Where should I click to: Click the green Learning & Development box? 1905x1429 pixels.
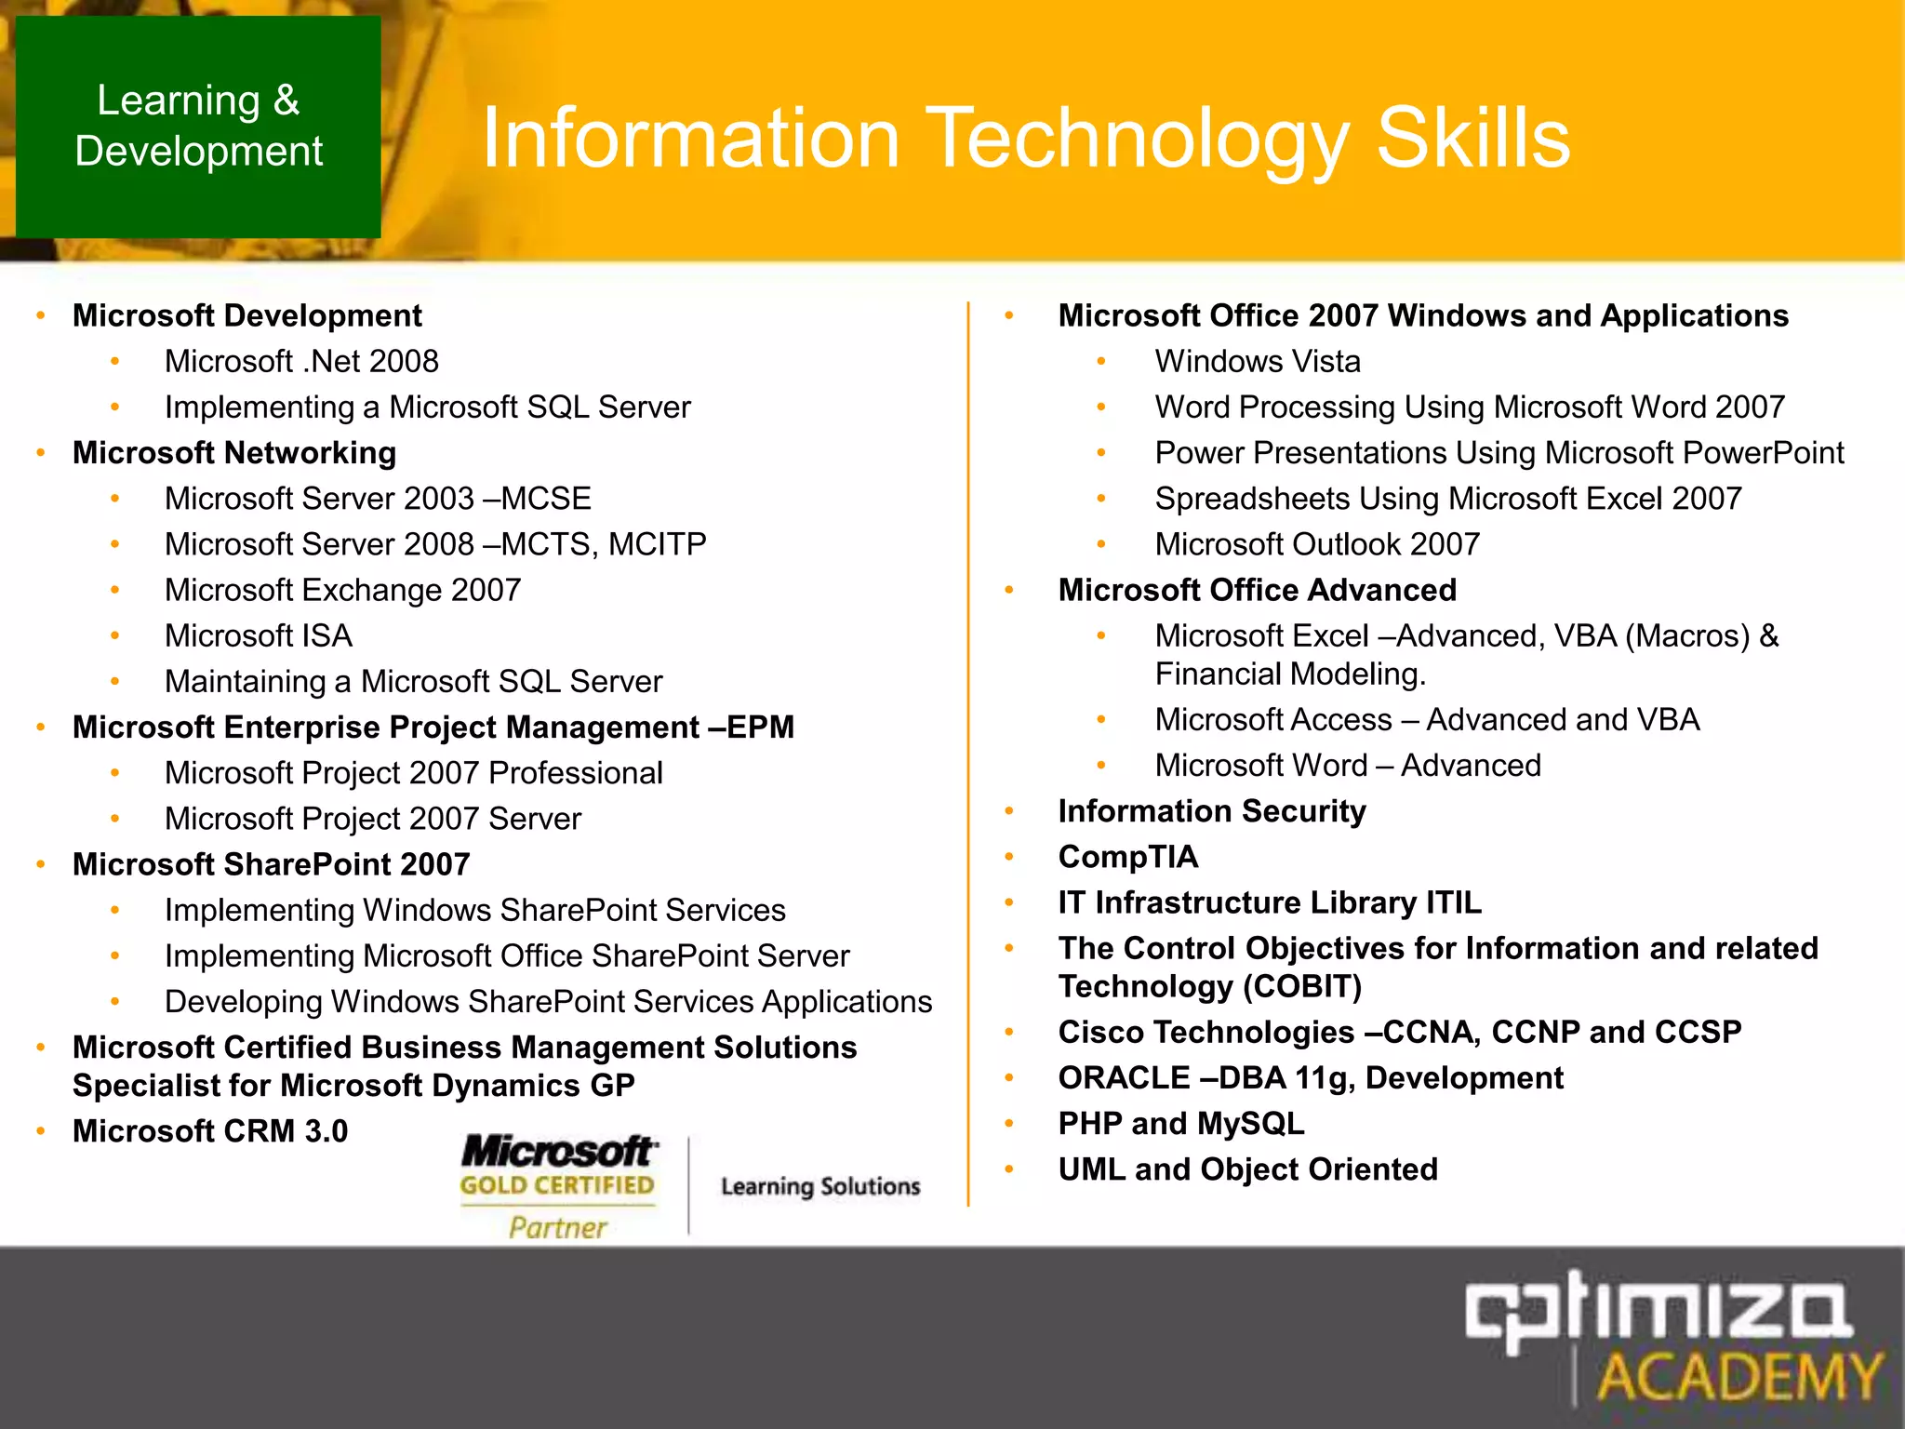coord(198,127)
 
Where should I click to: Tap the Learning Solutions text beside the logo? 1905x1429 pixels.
coord(820,1186)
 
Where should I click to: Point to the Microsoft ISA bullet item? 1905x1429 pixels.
coord(258,636)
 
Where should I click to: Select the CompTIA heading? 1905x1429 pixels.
coord(1127,857)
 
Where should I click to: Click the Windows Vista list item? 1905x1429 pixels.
coord(1257,362)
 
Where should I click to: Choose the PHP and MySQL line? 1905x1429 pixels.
coord(1180,1124)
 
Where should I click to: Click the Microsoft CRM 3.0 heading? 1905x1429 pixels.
coord(210,1131)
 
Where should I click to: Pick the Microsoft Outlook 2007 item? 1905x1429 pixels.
coord(1316,544)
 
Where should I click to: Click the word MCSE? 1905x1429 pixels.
coord(546,499)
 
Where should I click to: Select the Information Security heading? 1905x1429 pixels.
coord(1211,811)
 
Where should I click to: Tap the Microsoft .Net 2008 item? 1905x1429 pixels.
coord(301,362)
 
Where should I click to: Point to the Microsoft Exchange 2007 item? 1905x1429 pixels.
coord(342,590)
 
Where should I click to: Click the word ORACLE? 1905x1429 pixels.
coord(1124,1078)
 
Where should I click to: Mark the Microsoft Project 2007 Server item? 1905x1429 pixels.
coord(372,819)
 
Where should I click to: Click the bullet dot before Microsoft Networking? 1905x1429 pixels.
coord(41,453)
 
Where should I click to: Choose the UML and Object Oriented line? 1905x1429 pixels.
coord(1247,1169)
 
